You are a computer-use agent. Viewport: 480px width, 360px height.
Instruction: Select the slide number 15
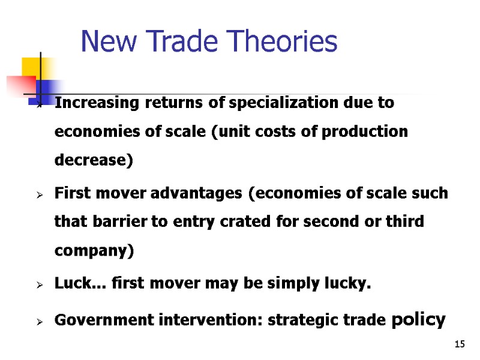[x=460, y=344]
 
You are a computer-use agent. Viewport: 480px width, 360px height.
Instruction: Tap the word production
[x=365, y=131]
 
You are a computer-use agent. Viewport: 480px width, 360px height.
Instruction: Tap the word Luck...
[x=70, y=283]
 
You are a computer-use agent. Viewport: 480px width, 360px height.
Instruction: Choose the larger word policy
[x=418, y=319]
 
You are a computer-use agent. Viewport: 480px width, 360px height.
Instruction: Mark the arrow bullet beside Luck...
[x=38, y=285]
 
